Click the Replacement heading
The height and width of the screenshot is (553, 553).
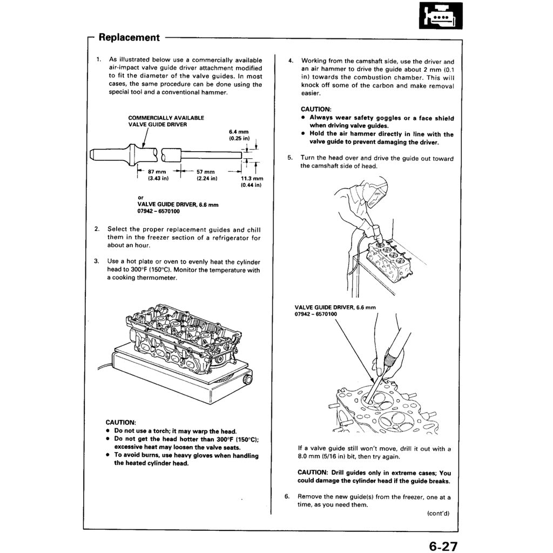point(129,37)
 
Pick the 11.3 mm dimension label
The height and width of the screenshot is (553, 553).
point(251,181)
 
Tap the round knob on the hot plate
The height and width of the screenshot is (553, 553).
point(248,381)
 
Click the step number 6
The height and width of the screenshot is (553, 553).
point(288,497)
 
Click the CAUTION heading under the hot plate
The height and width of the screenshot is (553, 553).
point(121,422)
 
